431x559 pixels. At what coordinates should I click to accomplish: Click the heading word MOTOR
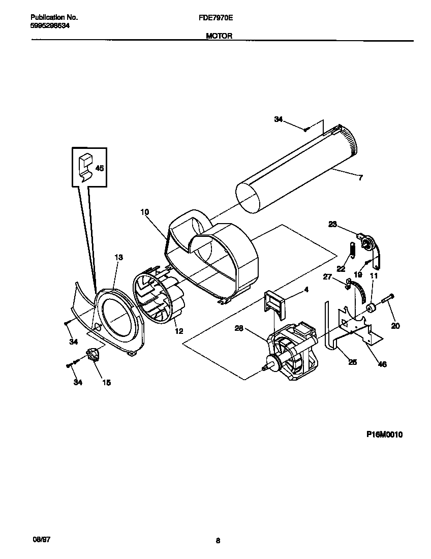tap(219, 36)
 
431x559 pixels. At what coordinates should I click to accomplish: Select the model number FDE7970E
tap(216, 17)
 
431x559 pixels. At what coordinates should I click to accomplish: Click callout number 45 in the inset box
tap(100, 168)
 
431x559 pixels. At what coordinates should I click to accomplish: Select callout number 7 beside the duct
tap(360, 178)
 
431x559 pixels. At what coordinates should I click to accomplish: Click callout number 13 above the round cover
tap(118, 258)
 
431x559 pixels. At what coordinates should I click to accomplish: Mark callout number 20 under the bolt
tap(395, 326)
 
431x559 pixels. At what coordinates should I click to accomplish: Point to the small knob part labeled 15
tap(93, 354)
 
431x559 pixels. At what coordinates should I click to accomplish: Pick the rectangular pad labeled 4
tap(274, 302)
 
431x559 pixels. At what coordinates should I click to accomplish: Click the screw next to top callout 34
tap(305, 130)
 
